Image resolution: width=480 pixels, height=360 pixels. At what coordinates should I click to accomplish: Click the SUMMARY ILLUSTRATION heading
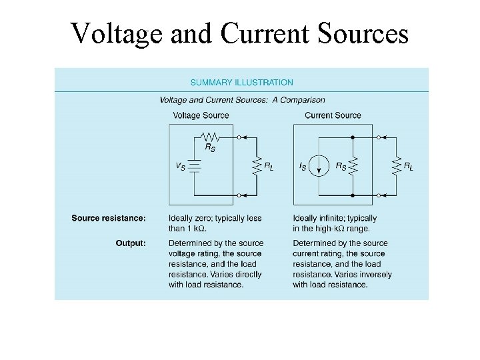tap(242, 83)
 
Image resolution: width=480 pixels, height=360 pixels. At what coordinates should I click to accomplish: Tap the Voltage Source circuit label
tap(201, 115)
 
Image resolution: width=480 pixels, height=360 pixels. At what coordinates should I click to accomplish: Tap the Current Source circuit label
tap(333, 115)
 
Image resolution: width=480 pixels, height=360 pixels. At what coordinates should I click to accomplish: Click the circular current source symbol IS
tap(321, 165)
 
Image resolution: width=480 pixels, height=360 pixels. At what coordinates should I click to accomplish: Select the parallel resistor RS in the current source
tap(353, 165)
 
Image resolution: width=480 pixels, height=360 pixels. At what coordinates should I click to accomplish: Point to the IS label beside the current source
tap(304, 165)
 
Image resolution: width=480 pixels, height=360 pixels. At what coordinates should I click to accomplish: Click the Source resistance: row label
tap(109, 218)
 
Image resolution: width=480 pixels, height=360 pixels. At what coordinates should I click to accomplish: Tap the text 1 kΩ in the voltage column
tap(199, 228)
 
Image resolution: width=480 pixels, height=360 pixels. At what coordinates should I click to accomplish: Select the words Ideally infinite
tap(316, 218)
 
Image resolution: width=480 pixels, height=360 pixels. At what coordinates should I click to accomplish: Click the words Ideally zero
tap(191, 218)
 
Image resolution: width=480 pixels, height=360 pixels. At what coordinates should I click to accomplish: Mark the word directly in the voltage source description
tap(244, 275)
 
